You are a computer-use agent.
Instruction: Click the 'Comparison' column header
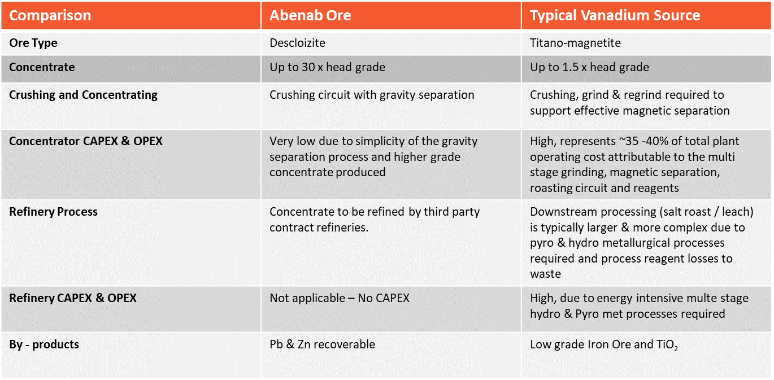[50, 16]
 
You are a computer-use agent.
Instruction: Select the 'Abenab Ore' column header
[310, 16]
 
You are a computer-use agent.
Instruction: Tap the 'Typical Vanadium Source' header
[615, 16]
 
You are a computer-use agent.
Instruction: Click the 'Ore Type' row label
[33, 43]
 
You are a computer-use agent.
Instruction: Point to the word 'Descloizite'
[298, 43]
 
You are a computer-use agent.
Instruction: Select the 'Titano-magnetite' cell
[575, 43]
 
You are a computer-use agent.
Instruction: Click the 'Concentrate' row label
[42, 67]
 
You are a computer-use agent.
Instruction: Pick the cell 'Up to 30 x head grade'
[327, 67]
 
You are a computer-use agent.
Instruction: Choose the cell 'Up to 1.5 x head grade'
[589, 67]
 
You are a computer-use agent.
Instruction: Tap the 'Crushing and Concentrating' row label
[83, 95]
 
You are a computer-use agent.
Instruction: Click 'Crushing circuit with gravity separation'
[372, 95]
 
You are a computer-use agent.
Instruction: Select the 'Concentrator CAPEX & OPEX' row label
[86, 141]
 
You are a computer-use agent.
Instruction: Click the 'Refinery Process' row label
[53, 212]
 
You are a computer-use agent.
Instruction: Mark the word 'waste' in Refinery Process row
[545, 274]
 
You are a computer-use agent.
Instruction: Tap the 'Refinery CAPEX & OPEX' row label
[72, 298]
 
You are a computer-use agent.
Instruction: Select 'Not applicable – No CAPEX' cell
[340, 298]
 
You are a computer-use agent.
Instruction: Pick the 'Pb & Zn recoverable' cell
[322, 344]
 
